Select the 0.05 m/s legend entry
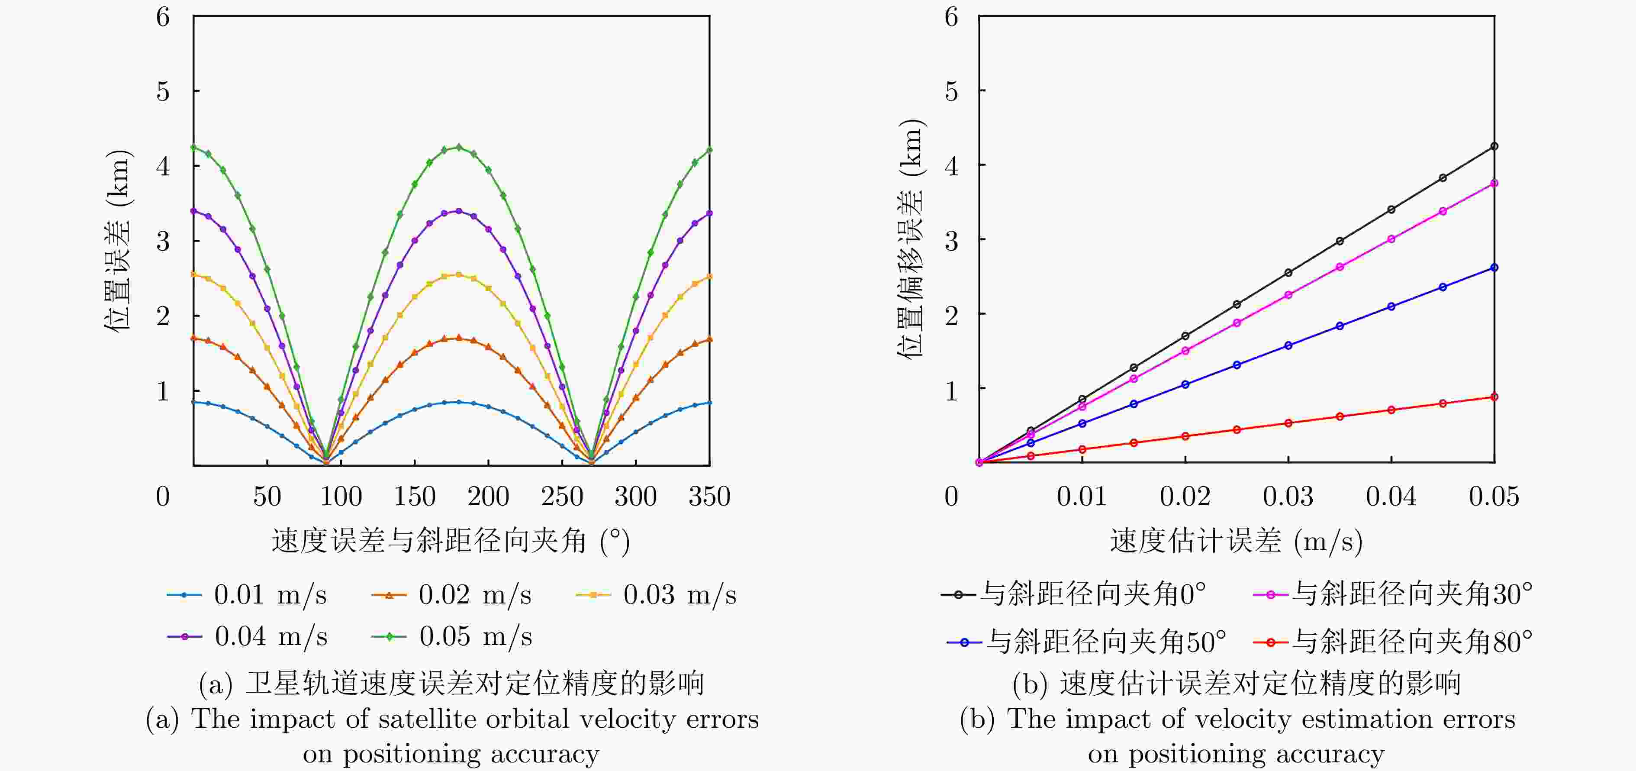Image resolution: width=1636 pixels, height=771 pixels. click(451, 636)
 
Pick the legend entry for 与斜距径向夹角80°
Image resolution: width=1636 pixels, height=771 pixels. click(1393, 642)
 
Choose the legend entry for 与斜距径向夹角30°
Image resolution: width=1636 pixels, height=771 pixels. click(1393, 594)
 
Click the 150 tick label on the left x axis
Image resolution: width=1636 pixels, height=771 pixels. click(415, 496)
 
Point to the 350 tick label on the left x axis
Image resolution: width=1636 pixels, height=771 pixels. click(709, 496)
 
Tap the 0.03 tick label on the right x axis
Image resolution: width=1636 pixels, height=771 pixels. click(1288, 496)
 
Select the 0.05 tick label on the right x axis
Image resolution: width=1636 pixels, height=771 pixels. click(1494, 496)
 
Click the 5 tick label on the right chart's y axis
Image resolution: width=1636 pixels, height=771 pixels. click(951, 91)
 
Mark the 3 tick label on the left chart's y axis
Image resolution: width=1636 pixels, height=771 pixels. click(163, 241)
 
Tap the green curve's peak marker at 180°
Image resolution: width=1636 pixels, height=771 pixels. click(458, 147)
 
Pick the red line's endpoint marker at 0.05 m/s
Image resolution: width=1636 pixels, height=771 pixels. click(1494, 397)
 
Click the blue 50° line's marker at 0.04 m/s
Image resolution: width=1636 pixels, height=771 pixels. click(1391, 306)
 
